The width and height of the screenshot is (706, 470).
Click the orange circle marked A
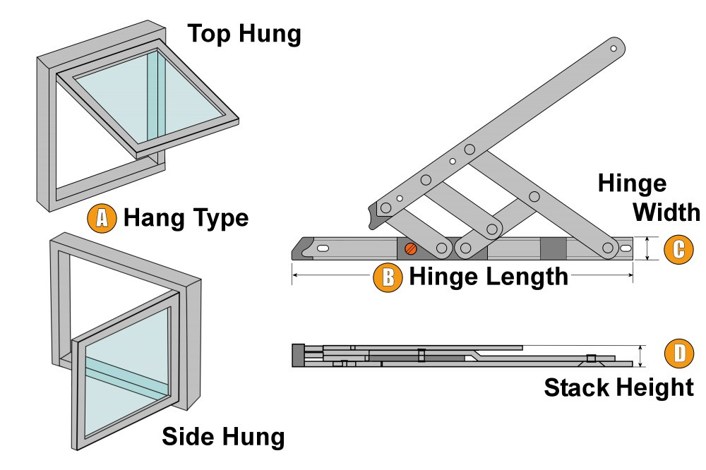coord(101,218)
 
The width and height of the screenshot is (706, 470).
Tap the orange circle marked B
coord(388,277)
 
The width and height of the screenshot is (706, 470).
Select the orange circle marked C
coord(679,249)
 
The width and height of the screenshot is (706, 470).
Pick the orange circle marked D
coord(679,354)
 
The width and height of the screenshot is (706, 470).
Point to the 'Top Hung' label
coord(244,33)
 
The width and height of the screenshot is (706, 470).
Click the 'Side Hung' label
coord(223,437)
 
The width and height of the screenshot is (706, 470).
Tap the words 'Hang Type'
coord(186,218)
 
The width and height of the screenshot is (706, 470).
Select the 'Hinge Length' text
coord(489,277)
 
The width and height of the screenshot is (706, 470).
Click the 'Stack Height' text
coord(618,387)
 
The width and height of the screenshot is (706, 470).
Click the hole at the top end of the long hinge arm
coord(614,49)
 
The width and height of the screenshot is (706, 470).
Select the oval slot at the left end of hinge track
coord(323,249)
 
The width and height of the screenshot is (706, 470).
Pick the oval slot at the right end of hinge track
coord(626,249)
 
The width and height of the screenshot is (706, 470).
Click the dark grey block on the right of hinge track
coord(553,249)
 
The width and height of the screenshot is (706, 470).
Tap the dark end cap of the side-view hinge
coord(298,355)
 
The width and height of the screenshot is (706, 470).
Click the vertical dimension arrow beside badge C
coord(648,249)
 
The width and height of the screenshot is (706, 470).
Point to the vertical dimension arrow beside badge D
coord(641,356)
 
